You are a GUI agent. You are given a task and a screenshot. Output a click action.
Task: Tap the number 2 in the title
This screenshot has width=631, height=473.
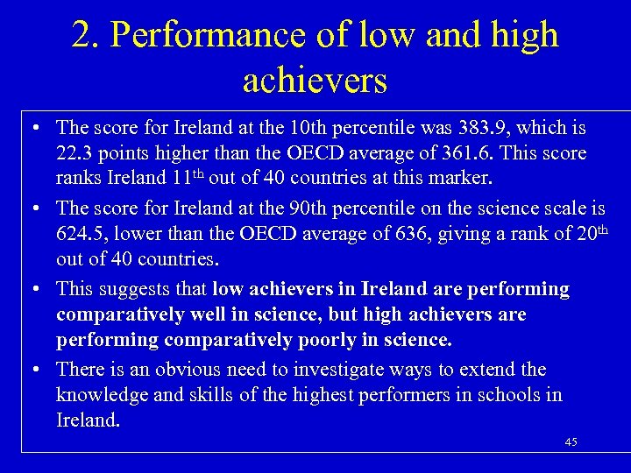coord(82,35)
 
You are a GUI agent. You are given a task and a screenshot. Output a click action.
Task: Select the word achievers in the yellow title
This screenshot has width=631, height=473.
coord(315,81)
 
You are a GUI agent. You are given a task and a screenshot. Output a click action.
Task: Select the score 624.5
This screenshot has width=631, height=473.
coord(80,234)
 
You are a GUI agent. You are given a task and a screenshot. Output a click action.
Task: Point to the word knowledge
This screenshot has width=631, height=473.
coord(102,395)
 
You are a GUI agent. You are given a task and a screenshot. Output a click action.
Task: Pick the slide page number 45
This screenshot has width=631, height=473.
coord(571,442)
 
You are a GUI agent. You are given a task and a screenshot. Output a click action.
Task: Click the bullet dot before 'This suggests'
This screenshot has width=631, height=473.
coord(32,289)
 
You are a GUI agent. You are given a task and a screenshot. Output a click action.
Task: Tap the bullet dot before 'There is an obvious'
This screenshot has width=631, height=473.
coord(32,370)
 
